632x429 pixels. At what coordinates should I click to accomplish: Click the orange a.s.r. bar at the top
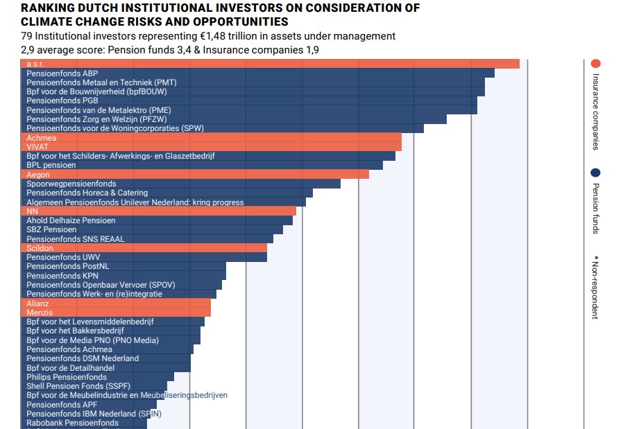point(270,64)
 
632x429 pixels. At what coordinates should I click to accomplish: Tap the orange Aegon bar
point(195,175)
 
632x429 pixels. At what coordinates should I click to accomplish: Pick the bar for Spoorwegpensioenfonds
point(180,184)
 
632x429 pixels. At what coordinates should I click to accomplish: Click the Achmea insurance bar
point(211,137)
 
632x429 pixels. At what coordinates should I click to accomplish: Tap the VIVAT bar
point(211,146)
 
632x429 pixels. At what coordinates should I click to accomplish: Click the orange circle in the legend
point(595,63)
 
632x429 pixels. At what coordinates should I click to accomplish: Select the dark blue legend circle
point(595,173)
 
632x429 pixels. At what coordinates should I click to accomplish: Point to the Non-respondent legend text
point(595,287)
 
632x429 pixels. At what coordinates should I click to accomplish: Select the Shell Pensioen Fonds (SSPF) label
point(78,386)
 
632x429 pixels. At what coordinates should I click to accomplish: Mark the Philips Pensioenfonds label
point(67,377)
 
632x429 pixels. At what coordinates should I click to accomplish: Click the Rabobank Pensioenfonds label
point(72,423)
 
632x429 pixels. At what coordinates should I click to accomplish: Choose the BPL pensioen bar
point(202,165)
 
